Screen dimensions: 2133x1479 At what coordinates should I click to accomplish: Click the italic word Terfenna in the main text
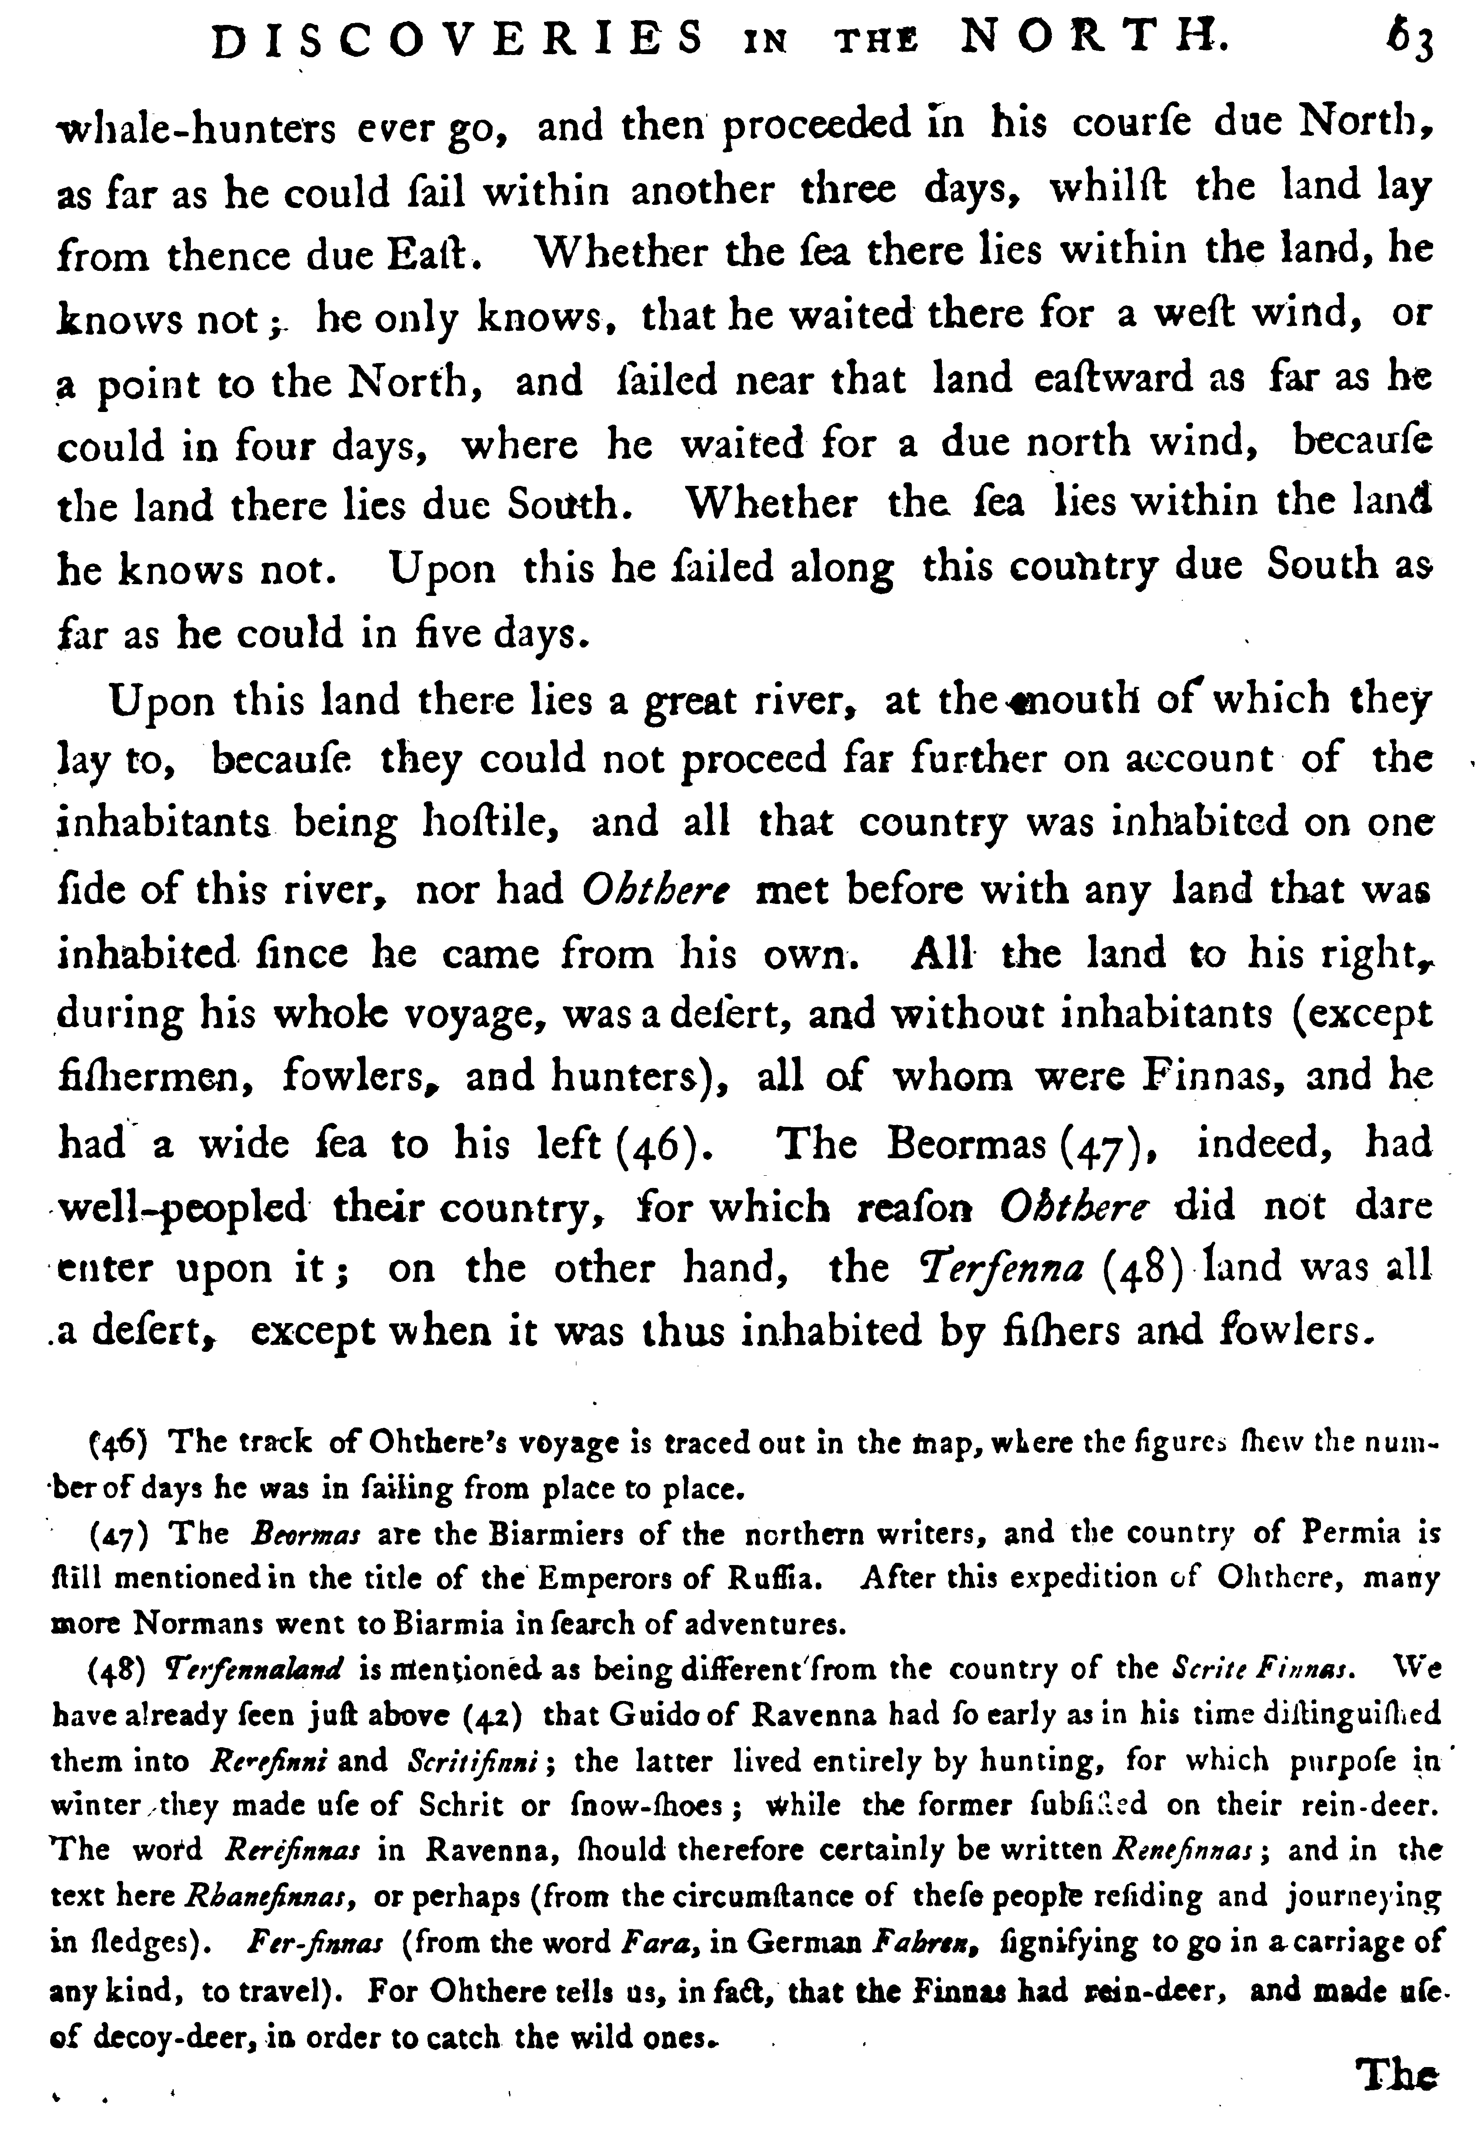click(x=992, y=1266)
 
